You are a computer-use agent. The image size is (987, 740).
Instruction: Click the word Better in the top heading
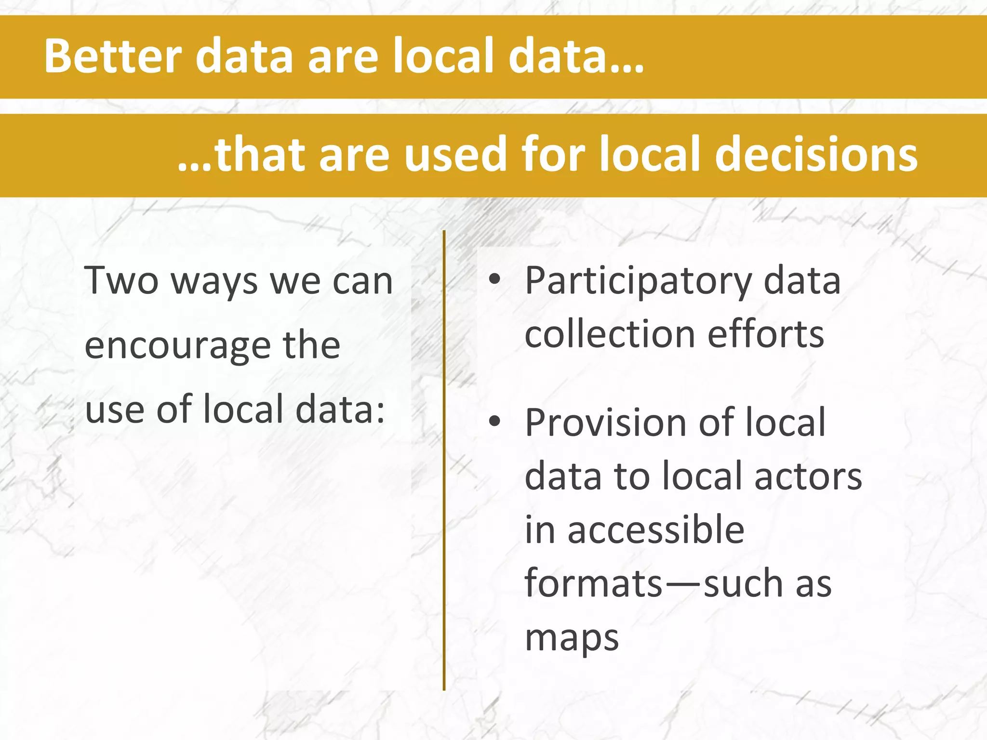113,56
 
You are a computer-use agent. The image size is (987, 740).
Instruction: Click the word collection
610,334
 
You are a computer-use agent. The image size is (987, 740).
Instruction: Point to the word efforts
766,334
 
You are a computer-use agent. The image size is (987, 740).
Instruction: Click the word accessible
656,530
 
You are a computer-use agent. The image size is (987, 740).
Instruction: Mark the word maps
572,639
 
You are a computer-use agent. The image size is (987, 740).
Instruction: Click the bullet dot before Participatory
494,280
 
